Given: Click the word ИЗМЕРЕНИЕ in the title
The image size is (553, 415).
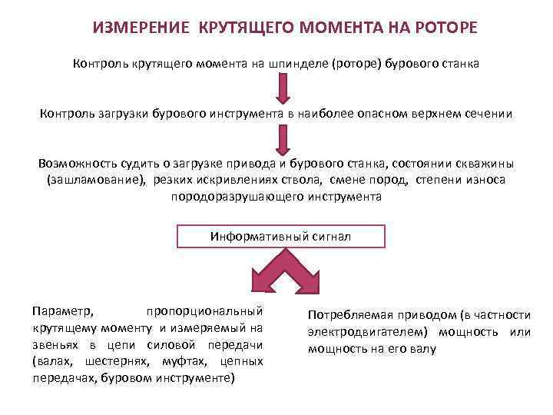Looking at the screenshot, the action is (141, 28).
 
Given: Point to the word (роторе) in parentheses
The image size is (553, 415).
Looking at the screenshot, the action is (356, 64).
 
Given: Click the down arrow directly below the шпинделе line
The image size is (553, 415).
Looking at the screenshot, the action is (283, 89).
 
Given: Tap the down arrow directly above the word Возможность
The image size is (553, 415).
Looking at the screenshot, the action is (283, 140).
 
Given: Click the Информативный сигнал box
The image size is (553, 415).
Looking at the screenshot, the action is (280, 236).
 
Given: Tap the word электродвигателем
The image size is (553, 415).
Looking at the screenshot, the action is (366, 332).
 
